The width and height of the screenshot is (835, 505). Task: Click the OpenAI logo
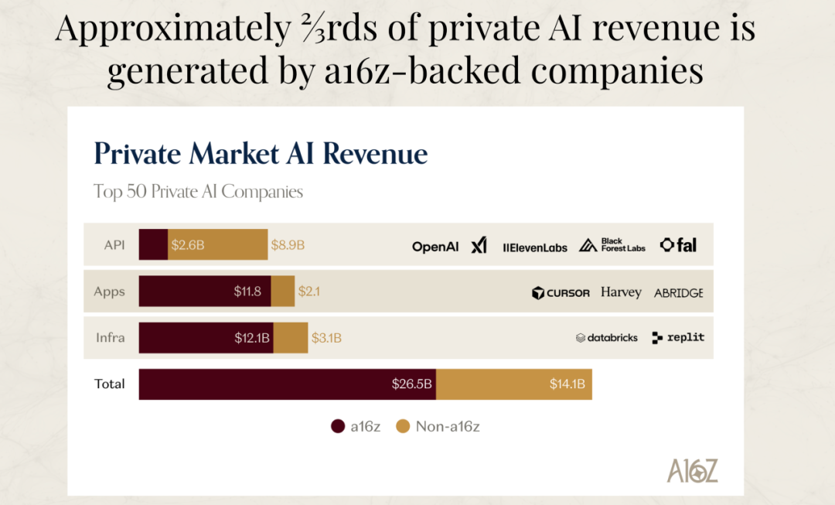pos(435,247)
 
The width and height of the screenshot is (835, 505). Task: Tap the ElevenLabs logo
pos(535,247)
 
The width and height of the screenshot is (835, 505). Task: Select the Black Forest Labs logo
pos(612,245)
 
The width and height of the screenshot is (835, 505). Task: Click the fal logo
pos(678,245)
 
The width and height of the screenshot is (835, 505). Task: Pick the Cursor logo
pos(561,293)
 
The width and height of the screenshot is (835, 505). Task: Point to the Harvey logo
pos(621,292)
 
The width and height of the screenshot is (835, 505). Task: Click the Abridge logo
pos(678,293)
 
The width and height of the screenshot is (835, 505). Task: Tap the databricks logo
pos(607,338)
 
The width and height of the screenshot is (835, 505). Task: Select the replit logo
pos(678,337)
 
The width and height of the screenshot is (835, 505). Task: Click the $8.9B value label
pos(288,245)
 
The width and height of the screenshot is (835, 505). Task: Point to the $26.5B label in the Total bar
pos(411,384)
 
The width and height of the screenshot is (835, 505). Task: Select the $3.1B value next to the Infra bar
pos(326,338)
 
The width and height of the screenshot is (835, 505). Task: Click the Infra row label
pos(110,338)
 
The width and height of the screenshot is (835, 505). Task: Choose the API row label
pos(114,245)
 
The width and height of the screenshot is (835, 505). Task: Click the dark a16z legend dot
pos(338,426)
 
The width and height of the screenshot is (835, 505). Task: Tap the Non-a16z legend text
pos(448,426)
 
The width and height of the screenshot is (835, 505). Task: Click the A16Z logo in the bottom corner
pos(693,470)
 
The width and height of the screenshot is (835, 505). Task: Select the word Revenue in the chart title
pos(375,153)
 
